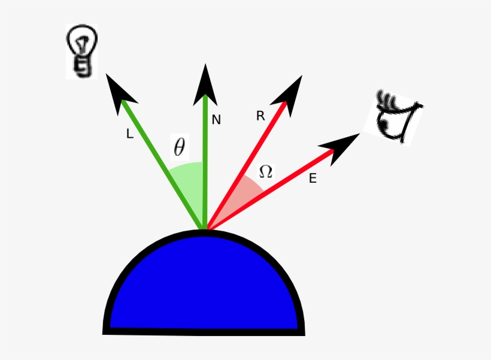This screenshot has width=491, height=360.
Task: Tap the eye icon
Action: click(x=395, y=118)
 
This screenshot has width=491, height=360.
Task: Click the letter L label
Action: click(x=130, y=135)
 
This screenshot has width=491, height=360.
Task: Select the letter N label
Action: click(x=216, y=120)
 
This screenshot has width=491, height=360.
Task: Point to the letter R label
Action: click(x=260, y=117)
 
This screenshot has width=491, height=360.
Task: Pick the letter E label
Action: click(x=313, y=179)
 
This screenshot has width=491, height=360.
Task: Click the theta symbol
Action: click(x=179, y=147)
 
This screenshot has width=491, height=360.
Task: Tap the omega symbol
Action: click(x=265, y=172)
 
